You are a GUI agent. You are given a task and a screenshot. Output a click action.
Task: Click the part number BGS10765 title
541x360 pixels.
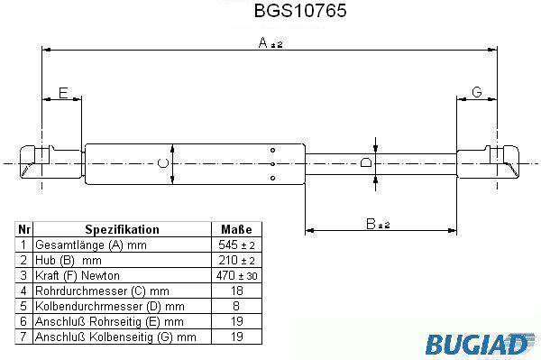point(300,11)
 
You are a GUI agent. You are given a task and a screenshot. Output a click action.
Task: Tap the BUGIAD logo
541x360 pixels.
point(480,344)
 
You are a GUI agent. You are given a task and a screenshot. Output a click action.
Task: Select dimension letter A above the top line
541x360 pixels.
point(263,42)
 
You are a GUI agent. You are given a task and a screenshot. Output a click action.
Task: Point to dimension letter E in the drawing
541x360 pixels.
point(63,93)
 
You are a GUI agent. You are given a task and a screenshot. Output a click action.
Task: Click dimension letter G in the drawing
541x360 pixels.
point(476,92)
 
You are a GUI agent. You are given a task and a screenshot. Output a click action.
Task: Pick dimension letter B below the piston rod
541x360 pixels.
point(371,224)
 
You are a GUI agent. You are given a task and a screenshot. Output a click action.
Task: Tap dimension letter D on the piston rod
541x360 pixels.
point(366,162)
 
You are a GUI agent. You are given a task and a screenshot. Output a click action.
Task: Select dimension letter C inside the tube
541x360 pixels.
point(163,163)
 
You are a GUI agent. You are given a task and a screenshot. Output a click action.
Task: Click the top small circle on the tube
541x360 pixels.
point(272,150)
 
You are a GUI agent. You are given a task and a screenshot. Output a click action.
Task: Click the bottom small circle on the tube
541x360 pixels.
point(272,178)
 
